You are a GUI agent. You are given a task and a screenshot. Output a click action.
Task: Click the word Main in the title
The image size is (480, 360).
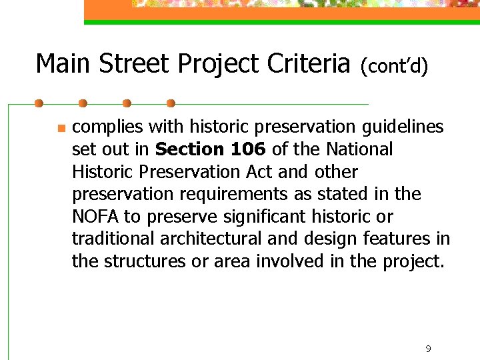click(63, 64)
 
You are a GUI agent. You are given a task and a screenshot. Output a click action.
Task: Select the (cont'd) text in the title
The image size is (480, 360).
click(394, 65)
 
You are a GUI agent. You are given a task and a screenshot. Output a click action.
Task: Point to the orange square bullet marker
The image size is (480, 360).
click(61, 128)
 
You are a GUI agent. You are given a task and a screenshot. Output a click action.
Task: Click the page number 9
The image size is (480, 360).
click(428, 349)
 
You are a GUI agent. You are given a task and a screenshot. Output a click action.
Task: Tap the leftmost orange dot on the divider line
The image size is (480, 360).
click(39, 104)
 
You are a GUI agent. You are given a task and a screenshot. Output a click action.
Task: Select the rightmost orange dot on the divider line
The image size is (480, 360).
click(171, 104)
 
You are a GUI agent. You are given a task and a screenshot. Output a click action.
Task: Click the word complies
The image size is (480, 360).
click(107, 127)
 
